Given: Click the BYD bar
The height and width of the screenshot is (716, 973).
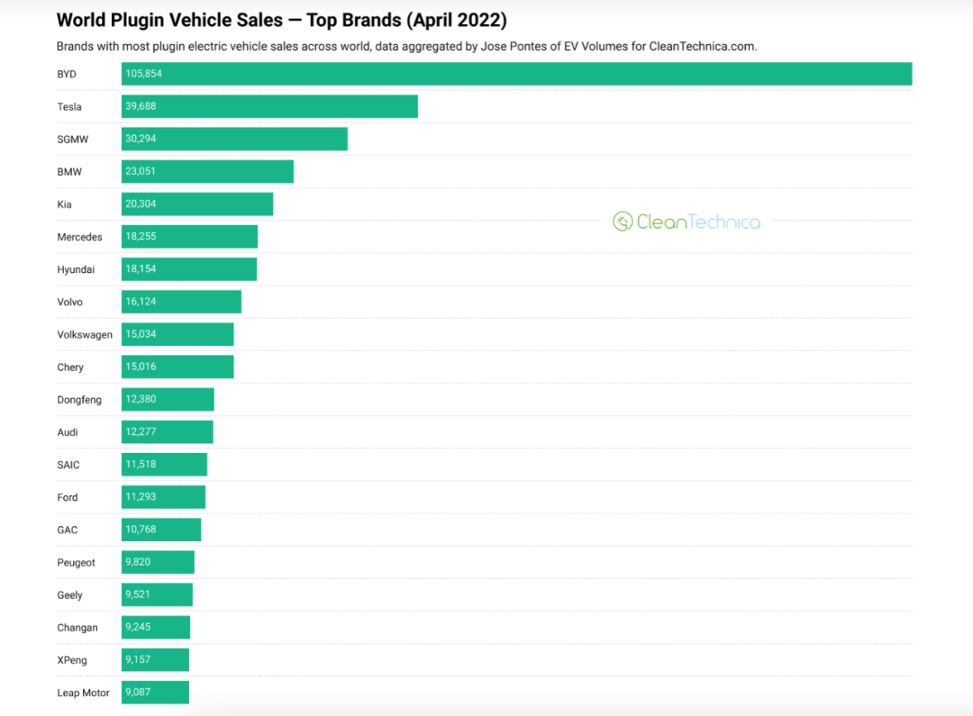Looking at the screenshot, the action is pos(516,74).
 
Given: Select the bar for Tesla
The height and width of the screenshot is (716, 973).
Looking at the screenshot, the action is pos(269,106).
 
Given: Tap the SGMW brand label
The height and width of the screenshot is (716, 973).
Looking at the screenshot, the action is pos(73,140).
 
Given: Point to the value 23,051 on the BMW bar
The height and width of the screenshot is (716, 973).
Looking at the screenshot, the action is pos(141,171).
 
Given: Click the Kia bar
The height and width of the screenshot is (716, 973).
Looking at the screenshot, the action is pos(197,204).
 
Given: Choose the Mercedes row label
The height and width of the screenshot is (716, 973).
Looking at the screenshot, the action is pos(79,237).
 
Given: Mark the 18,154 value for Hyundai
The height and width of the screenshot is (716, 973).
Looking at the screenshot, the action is pos(141,268).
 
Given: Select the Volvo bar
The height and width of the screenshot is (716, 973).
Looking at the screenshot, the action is pos(181,302).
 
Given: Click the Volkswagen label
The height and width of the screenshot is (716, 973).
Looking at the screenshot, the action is pos(85,334).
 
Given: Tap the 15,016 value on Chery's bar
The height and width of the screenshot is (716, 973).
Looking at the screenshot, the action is pos(141,367).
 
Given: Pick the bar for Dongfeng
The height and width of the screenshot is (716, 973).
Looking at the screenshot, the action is pos(168,399).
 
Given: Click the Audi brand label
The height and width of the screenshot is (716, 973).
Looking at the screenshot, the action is pos(68,432).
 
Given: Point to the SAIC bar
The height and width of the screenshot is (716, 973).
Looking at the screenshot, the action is pos(165,464).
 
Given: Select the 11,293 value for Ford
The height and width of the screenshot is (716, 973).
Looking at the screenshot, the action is pos(141,497).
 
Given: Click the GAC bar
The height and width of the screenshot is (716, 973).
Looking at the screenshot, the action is pos(161,530).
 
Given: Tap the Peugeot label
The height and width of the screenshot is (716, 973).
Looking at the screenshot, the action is pos(77,563).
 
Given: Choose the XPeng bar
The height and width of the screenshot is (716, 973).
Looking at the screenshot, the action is pos(155,659).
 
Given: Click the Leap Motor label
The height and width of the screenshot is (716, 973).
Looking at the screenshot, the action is pos(83,693).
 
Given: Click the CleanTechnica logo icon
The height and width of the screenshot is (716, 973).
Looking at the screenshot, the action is pos(623,222).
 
